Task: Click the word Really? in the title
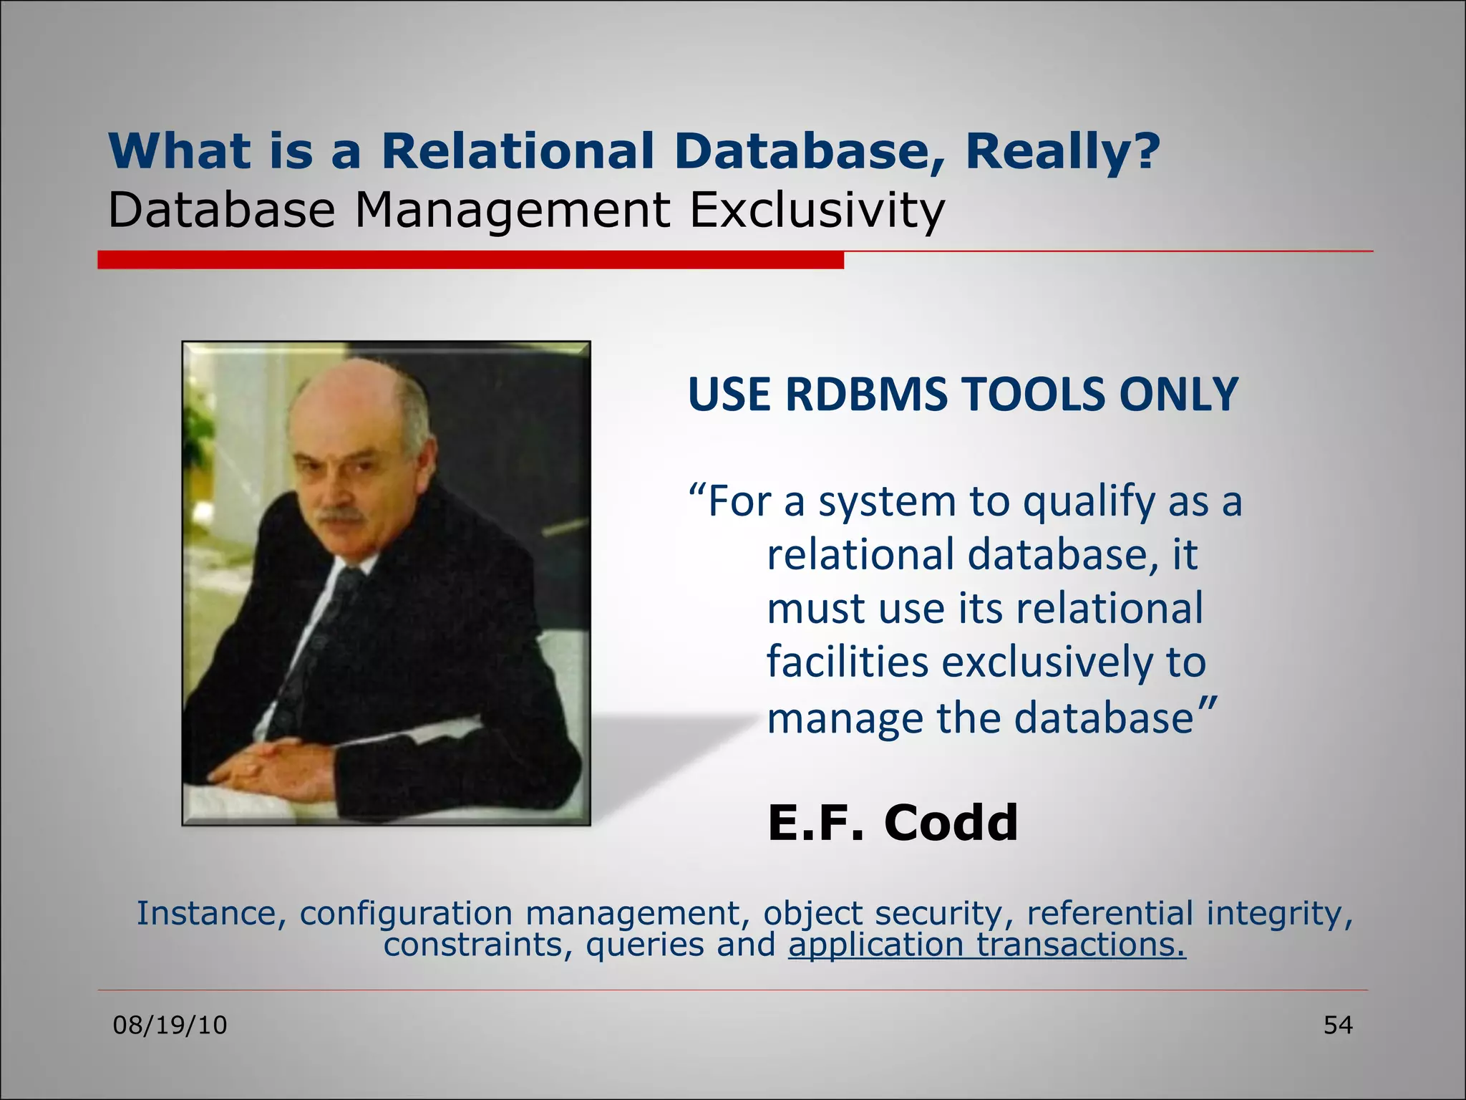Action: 1062,152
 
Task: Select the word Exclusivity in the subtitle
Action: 817,211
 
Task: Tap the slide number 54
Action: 1337,1026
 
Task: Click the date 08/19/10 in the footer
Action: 170,1026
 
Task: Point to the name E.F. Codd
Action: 892,822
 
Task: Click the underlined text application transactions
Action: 987,945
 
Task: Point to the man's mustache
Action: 339,515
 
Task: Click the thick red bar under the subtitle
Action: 470,260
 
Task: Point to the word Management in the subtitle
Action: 512,211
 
